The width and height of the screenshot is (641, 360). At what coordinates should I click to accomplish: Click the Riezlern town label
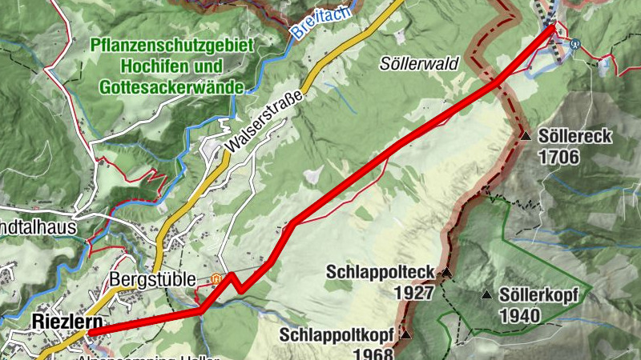tap(67, 322)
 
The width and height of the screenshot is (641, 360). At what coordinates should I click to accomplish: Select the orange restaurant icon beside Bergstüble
tap(215, 279)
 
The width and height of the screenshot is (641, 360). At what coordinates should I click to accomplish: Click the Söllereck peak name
tap(575, 137)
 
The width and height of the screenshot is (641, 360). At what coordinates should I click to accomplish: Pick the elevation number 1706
tap(559, 157)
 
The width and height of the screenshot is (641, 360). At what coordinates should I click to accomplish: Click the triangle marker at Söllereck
tap(526, 137)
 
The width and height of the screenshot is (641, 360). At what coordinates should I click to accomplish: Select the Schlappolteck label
tap(380, 272)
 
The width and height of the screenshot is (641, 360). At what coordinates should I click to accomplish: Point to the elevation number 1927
tap(413, 292)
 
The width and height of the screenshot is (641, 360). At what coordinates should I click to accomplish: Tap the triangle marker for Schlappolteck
tap(447, 273)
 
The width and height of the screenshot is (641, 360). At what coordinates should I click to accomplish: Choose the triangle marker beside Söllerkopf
tap(486, 295)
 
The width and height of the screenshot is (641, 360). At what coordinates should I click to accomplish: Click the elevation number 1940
tap(519, 316)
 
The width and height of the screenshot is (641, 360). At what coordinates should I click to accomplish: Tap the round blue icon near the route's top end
tap(575, 44)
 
